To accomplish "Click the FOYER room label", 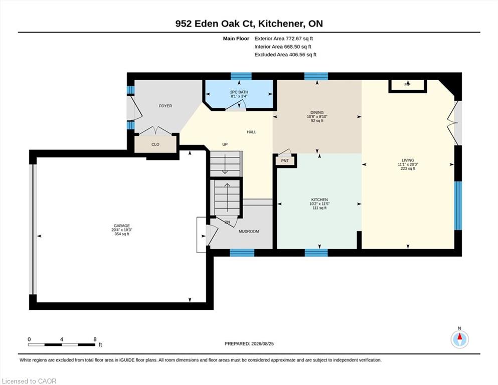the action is (165, 106).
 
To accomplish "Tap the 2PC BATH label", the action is (239, 92).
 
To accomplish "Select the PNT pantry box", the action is (285, 160).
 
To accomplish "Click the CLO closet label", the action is (155, 144).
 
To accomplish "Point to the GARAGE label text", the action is (122, 226).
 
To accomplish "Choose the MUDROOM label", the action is (249, 232).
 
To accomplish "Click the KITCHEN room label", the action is (319, 200).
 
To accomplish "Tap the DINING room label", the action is (317, 112).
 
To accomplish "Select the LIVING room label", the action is (408, 160).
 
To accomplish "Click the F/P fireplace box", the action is (408, 86).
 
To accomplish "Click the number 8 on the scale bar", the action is (95, 339).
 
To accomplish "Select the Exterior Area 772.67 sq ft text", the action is (284, 39).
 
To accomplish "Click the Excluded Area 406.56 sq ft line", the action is (285, 55).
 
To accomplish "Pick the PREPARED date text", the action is (249, 344).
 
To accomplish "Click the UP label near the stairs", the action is (225, 144).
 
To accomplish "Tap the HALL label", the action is (252, 132).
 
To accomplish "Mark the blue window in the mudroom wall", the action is (242, 253).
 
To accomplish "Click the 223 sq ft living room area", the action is (408, 168).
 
